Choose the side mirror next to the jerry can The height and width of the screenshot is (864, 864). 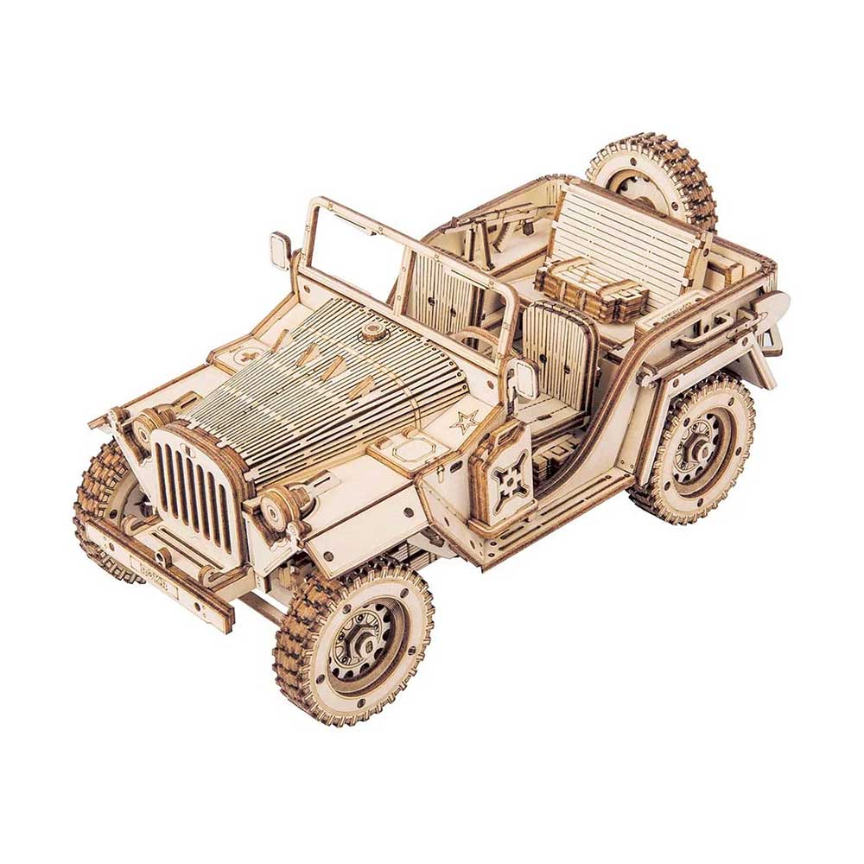tap(524, 380)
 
